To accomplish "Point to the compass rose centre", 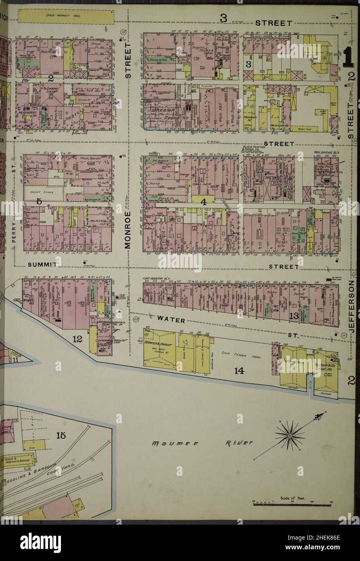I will (x=289, y=435).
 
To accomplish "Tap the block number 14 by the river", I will (x=239, y=371).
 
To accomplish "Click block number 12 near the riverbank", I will (x=77, y=339).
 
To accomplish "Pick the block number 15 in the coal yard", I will (x=61, y=435).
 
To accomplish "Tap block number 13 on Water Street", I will (x=293, y=316).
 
